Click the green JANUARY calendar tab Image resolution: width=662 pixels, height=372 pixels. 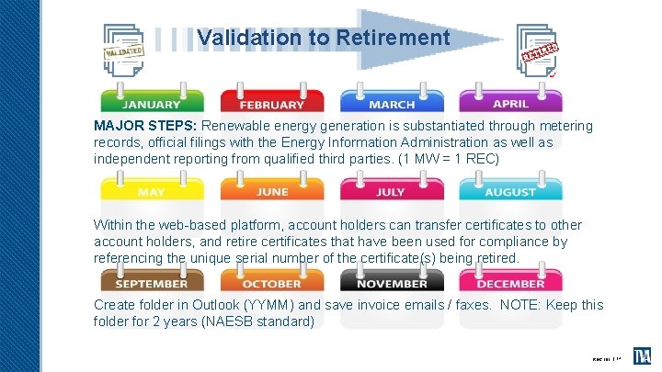tap(152, 102)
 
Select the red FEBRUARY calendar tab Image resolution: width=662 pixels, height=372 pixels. tap(272, 103)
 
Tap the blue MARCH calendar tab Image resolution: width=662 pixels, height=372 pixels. tap(392, 102)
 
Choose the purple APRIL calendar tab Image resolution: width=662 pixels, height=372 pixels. tap(510, 102)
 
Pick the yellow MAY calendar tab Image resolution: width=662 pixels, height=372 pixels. tap(152, 190)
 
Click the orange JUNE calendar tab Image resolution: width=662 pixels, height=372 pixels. tap(272, 190)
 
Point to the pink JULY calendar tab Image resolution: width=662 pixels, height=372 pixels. tap(392, 190)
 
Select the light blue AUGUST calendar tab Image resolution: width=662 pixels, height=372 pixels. tap(510, 190)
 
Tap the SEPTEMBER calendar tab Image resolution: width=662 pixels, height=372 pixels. tap(152, 282)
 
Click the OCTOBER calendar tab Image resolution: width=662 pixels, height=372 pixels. tap(272, 282)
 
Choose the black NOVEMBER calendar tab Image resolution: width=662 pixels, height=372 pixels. tap(392, 282)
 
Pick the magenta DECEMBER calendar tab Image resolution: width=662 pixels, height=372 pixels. tap(510, 282)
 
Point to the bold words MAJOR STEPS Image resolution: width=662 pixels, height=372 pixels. tap(145, 126)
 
